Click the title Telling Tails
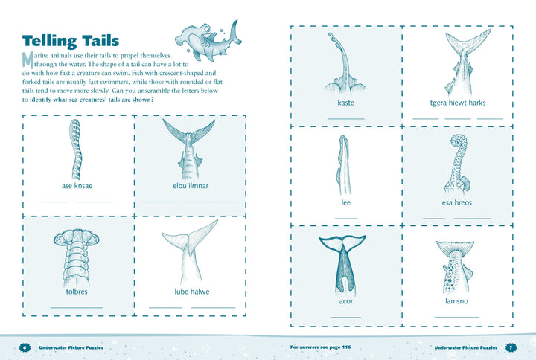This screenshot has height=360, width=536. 71,41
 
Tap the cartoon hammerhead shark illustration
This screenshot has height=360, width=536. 208,40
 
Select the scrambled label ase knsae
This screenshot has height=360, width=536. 77,186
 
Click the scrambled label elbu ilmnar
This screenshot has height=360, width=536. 191,186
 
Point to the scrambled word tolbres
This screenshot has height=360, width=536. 77,292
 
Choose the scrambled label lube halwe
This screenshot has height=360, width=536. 192,292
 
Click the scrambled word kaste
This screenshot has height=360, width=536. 345,103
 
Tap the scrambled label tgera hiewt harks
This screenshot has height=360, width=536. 458,103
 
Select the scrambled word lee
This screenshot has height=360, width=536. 345,202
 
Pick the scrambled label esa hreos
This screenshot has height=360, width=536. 456,202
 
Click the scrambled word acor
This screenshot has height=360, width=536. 346,301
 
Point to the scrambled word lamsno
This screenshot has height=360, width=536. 456,301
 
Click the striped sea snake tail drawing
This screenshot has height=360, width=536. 76,150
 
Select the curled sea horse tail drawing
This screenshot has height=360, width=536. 457,165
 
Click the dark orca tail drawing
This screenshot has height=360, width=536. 343,265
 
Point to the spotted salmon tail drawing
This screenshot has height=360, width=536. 455,266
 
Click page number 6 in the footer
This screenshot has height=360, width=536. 25,347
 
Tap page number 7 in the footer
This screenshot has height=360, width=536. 511,347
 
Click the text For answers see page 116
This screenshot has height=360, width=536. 320,347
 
